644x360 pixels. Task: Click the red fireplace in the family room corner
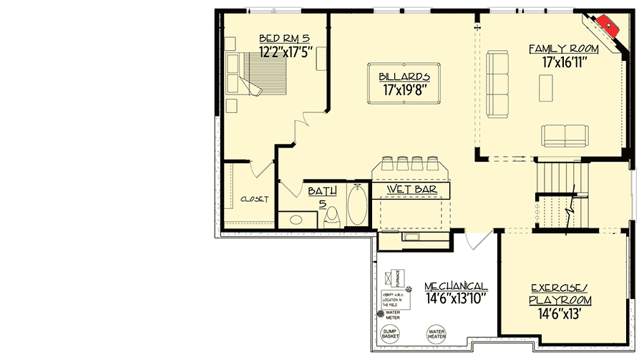coord(608,26)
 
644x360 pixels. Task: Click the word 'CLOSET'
coord(254,200)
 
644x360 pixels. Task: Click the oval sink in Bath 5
coord(293,219)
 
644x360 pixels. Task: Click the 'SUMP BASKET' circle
coord(391,333)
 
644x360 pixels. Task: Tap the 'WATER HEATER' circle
coord(436,333)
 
